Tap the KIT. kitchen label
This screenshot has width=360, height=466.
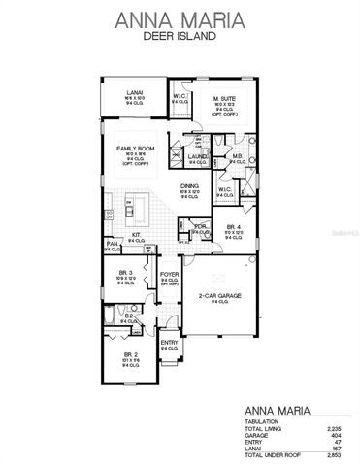pyautogui.click(x=137, y=233)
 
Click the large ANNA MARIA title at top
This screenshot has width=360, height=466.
pyautogui.click(x=180, y=18)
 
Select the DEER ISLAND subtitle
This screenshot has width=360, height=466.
pyautogui.click(x=180, y=38)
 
